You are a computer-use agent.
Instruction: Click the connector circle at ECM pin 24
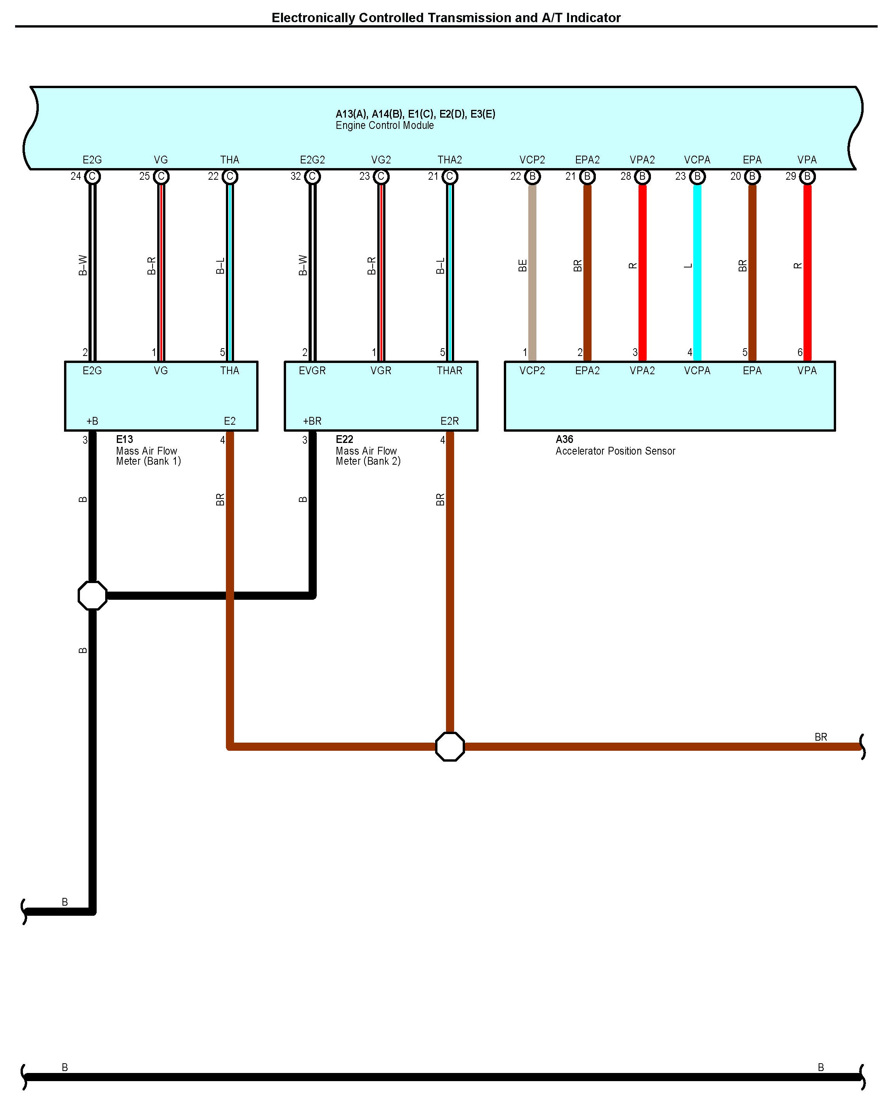92,177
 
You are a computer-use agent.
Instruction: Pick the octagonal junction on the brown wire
450,746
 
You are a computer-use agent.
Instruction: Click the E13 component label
124,439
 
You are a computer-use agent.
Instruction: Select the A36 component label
564,439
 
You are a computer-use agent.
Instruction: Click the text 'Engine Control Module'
384,125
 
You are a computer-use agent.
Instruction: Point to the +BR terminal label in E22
312,421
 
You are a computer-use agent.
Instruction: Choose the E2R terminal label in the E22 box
449,421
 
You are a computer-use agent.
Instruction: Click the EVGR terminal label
312,370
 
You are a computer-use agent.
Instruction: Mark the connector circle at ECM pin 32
312,177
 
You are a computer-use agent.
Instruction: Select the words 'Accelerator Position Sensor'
615,451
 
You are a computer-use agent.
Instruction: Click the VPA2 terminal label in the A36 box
642,370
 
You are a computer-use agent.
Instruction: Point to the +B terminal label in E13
92,421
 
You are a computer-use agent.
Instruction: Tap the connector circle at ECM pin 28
642,177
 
